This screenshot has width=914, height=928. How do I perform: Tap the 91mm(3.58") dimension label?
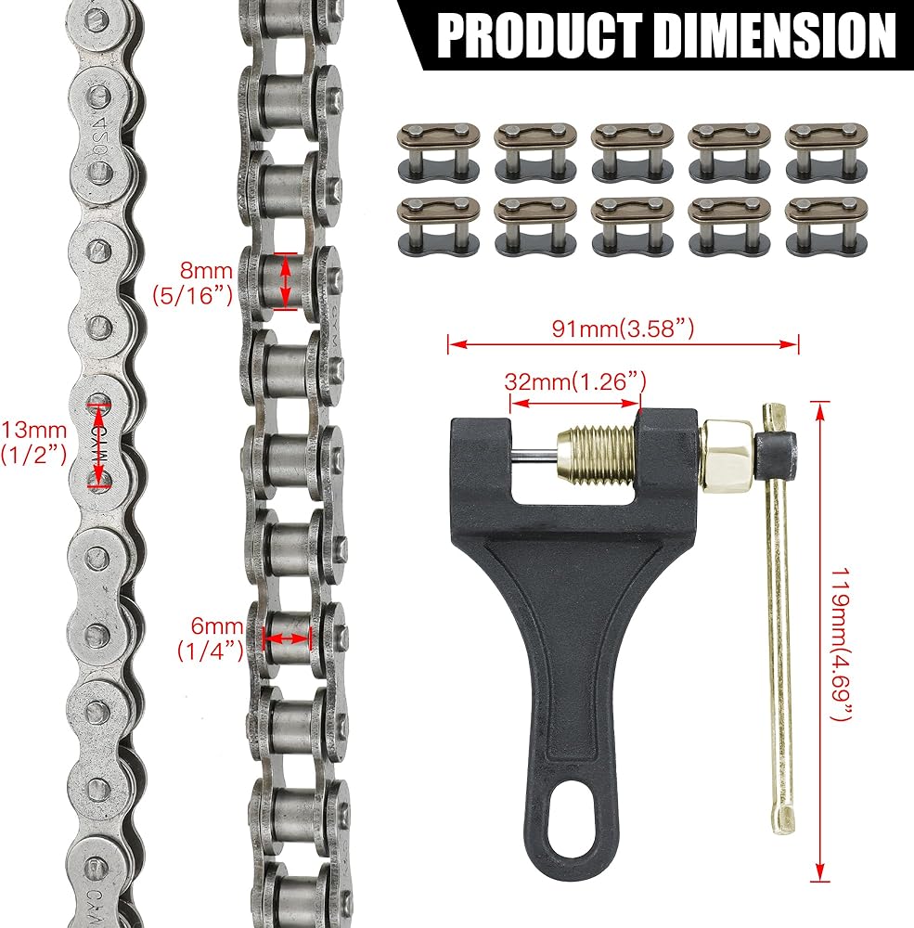(x=623, y=328)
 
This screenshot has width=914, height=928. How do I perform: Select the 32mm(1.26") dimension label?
(x=575, y=381)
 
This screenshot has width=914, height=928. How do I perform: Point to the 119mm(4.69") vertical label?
(x=841, y=645)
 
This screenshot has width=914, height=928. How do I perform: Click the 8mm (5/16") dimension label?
(x=193, y=283)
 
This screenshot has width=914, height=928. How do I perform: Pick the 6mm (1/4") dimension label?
(x=212, y=638)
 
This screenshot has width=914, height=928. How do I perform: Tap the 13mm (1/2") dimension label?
(x=33, y=442)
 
